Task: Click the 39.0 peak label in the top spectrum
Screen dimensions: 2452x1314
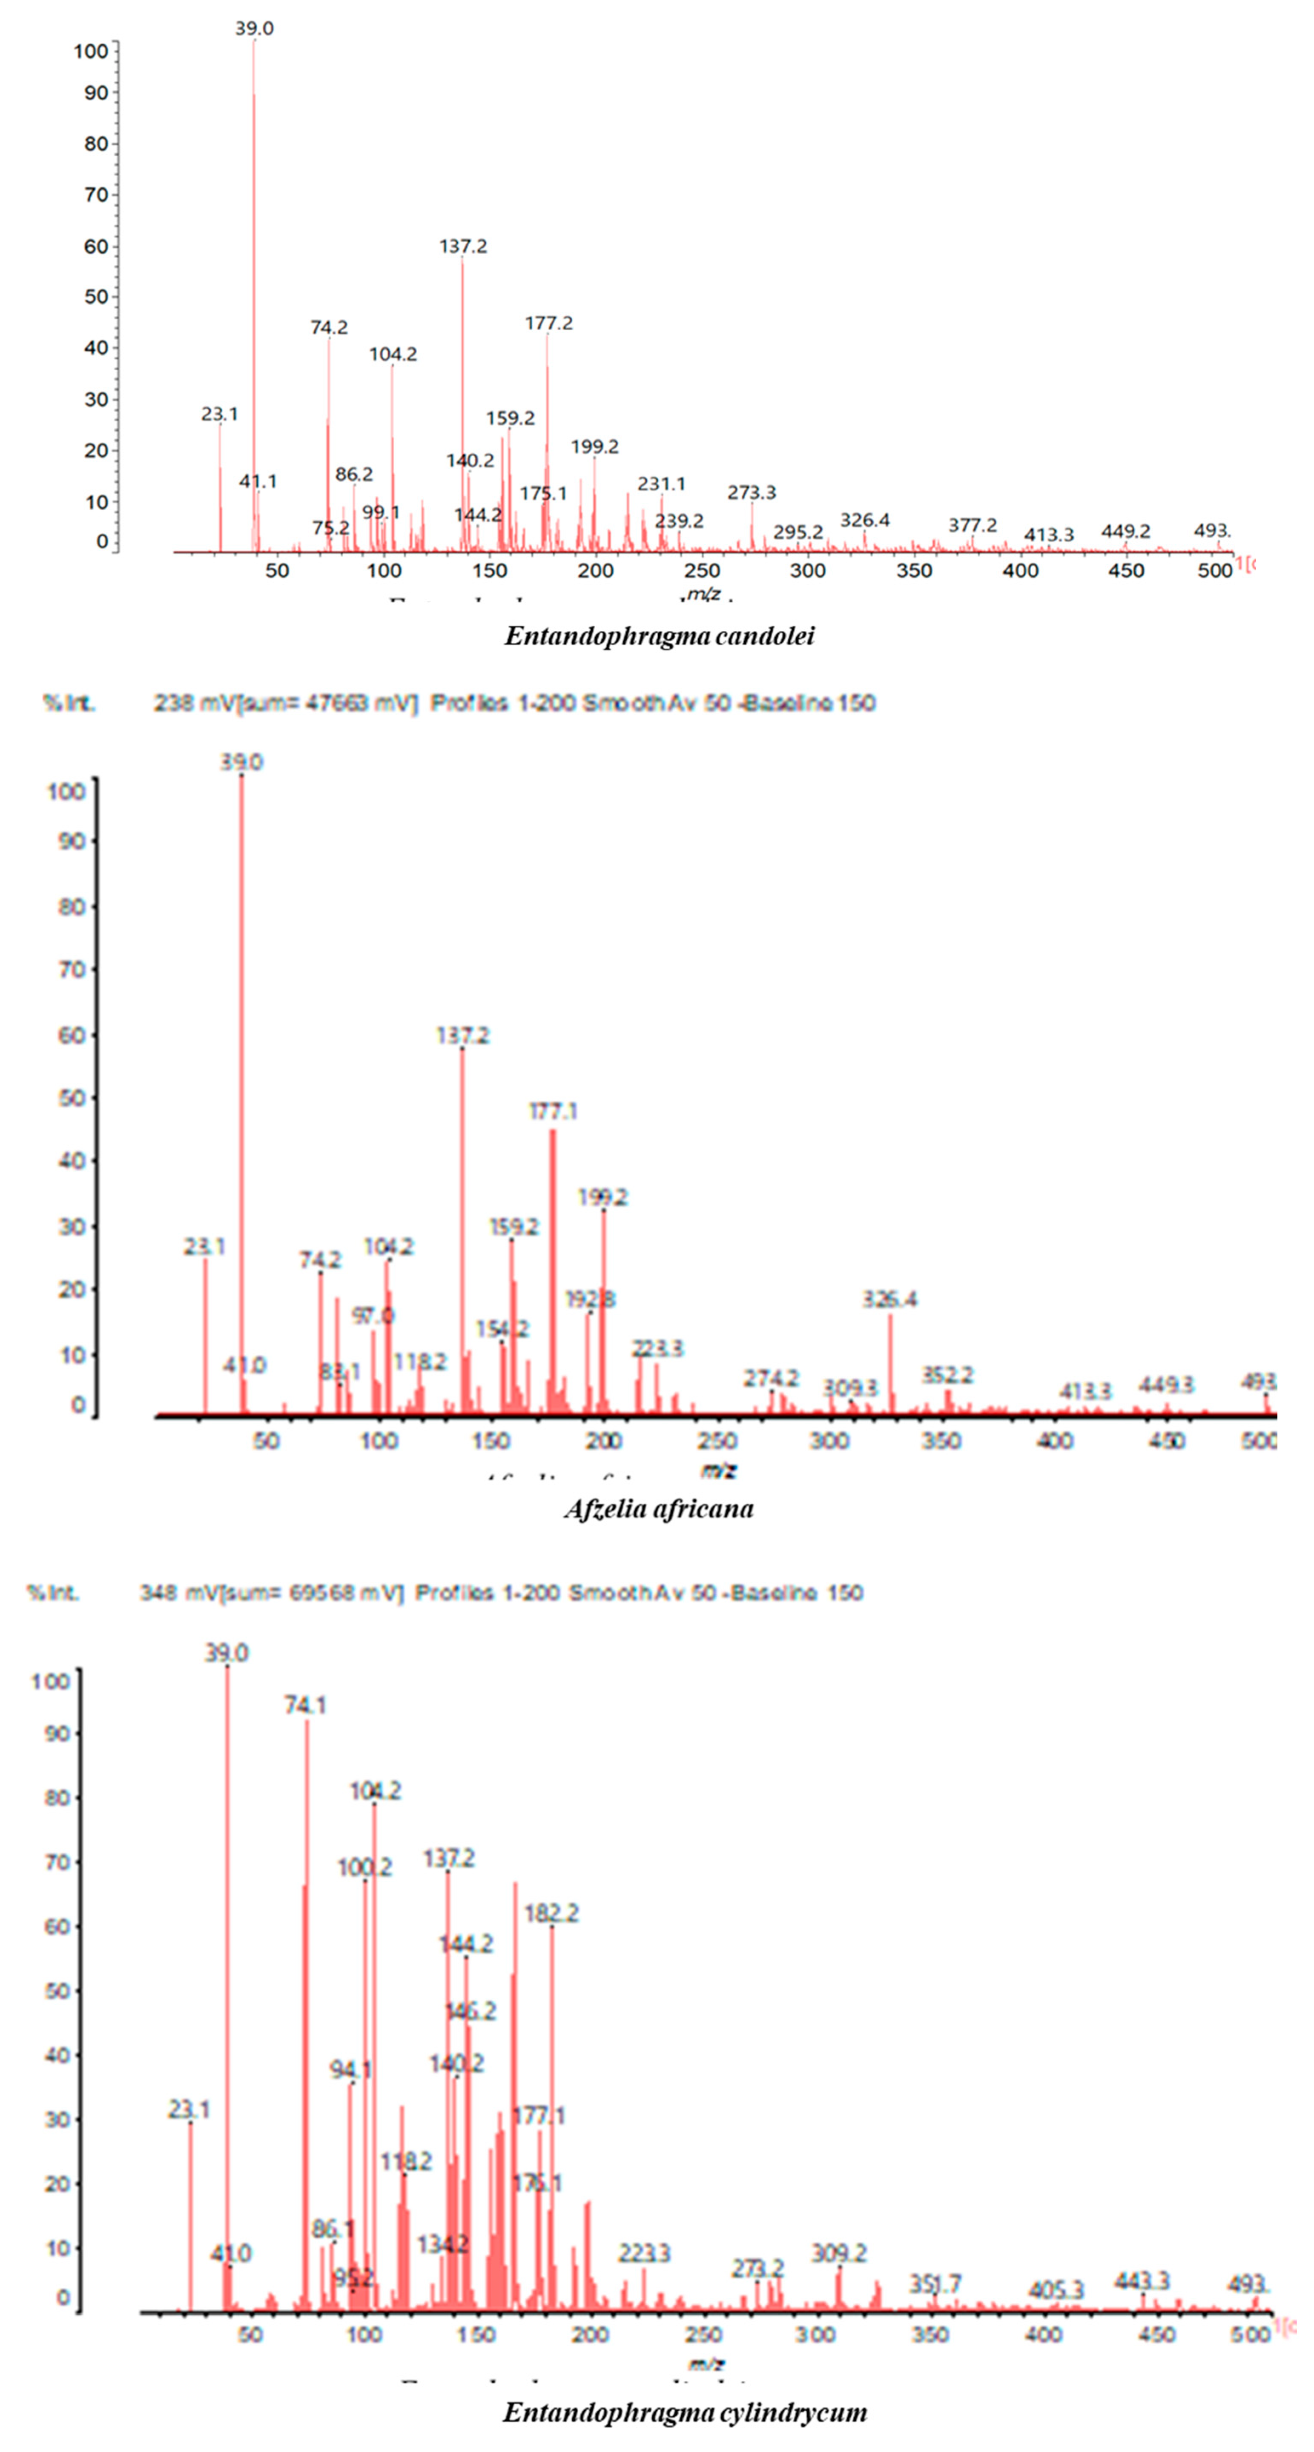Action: pyautogui.click(x=254, y=29)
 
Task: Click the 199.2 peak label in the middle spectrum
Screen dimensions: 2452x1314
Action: pyautogui.click(x=603, y=1196)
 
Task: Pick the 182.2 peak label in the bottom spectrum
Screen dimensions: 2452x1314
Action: pyautogui.click(x=551, y=1912)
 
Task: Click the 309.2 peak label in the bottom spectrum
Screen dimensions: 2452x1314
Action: pyautogui.click(x=839, y=2253)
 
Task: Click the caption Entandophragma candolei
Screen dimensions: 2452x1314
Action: pyautogui.click(x=659, y=636)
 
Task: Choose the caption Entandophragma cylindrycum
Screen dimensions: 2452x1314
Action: pyautogui.click(x=685, y=2412)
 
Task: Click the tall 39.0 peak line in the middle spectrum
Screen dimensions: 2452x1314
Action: pyautogui.click(x=241, y=1095)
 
